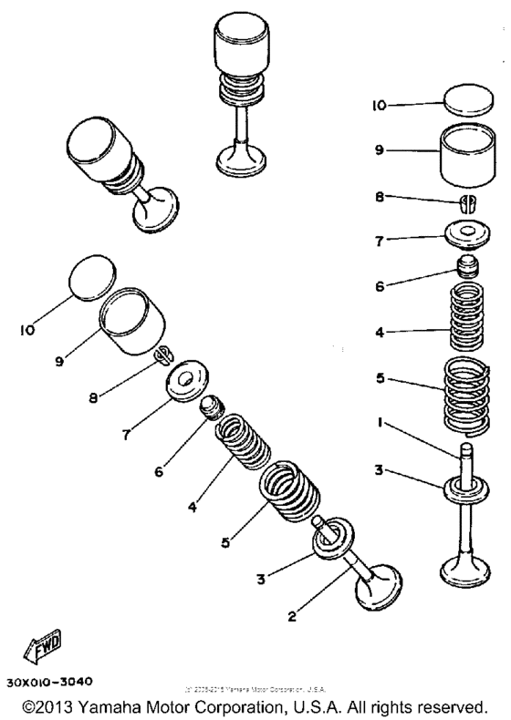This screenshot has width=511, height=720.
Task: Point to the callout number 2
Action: [293, 616]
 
